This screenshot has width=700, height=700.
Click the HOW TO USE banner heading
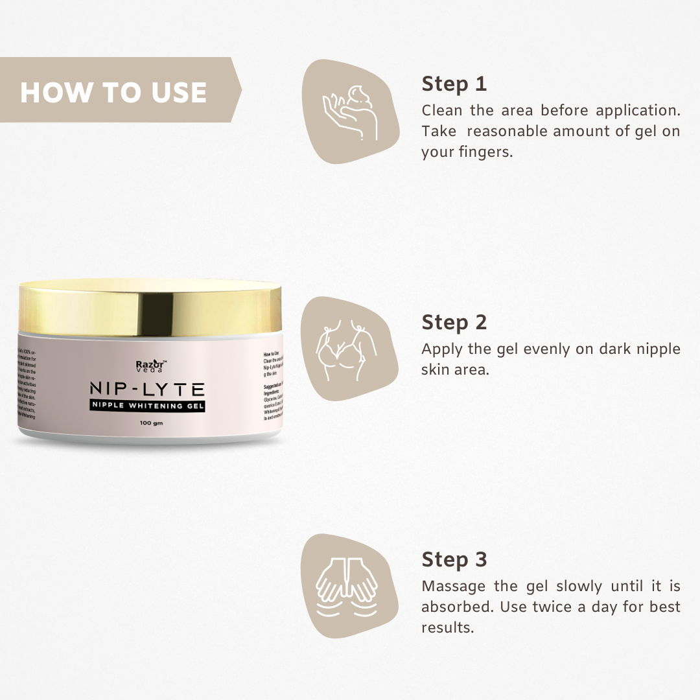tap(113, 92)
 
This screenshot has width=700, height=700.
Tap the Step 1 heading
tap(454, 84)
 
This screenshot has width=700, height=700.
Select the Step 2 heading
tap(454, 322)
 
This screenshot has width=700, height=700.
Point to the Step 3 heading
tap(454, 559)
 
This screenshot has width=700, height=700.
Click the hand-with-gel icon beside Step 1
tap(351, 111)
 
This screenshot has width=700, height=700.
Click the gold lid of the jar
tap(149, 308)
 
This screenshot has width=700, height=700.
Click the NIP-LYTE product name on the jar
tap(148, 390)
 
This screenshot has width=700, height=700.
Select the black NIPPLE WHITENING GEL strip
tap(148, 406)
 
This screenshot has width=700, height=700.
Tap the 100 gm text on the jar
tap(150, 423)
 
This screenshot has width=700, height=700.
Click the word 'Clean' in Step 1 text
tap(442, 110)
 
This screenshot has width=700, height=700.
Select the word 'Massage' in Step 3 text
tap(453, 587)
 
